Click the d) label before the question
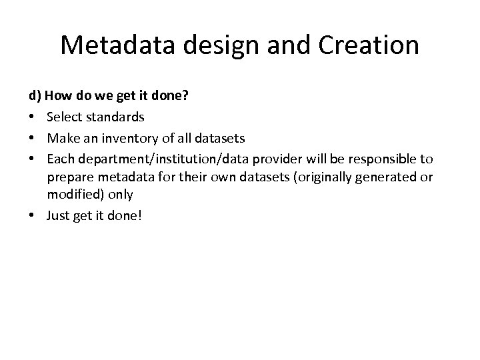(34, 96)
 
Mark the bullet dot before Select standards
(33, 117)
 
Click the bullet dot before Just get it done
(33, 215)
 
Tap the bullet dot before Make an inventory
(33, 139)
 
